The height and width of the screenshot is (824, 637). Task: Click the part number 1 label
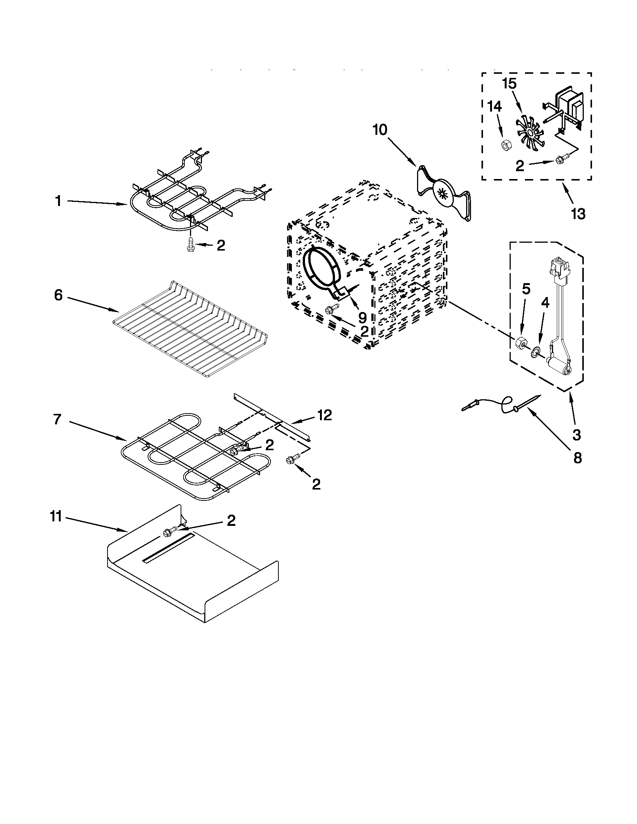click(58, 202)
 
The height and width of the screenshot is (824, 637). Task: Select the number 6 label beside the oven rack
click(58, 296)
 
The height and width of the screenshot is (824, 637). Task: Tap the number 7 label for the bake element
click(57, 419)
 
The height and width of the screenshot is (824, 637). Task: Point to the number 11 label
click(55, 516)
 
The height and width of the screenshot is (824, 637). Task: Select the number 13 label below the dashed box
click(578, 214)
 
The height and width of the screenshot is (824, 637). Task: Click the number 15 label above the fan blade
click(509, 84)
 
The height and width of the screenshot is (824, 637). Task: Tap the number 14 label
click(494, 107)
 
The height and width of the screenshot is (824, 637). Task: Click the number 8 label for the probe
click(577, 458)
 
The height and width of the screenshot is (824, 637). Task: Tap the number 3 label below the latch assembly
click(576, 434)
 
